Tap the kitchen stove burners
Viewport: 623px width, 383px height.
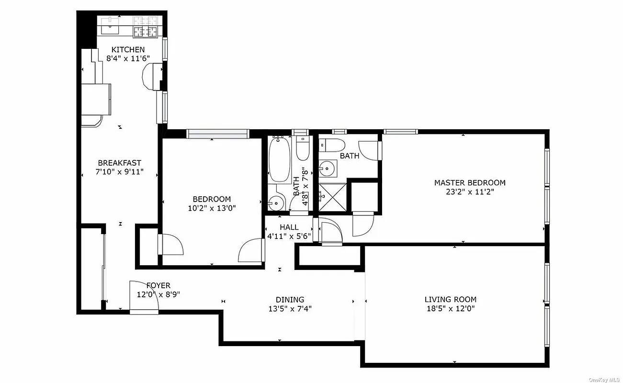coord(146,26)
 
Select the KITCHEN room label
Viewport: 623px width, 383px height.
coord(128,50)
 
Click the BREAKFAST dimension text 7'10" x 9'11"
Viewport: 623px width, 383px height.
coord(119,171)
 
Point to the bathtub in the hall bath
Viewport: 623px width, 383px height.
coord(277,160)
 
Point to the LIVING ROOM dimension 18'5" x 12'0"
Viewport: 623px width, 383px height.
coord(450,308)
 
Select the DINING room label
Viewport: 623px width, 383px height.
coord(286,300)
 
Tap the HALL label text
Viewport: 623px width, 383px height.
coord(289,227)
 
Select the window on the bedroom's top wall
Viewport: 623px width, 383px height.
coord(218,134)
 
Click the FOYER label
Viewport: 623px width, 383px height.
coord(158,286)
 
